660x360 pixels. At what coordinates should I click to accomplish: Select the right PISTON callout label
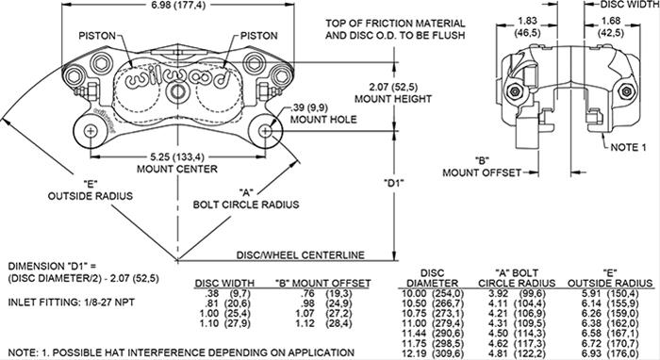point(259,37)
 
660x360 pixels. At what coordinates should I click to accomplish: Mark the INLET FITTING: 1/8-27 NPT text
point(65,302)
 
